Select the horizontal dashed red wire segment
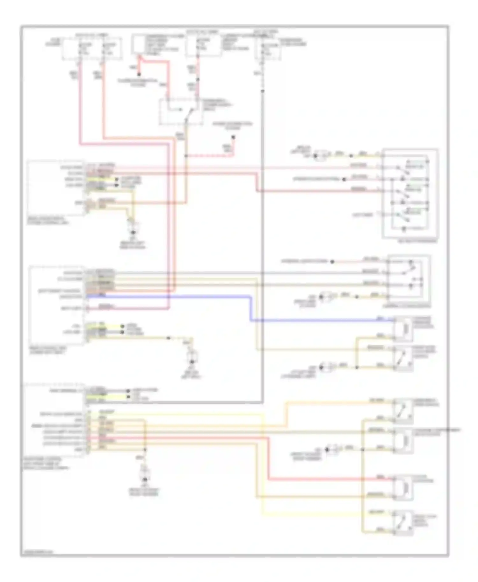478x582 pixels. point(210,156)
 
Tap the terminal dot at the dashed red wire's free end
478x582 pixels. point(233,138)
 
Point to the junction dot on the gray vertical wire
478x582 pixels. point(263,91)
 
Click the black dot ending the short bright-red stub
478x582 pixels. point(139,75)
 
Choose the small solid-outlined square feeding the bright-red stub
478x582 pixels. point(138,44)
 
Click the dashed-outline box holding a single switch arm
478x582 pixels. point(181,111)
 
